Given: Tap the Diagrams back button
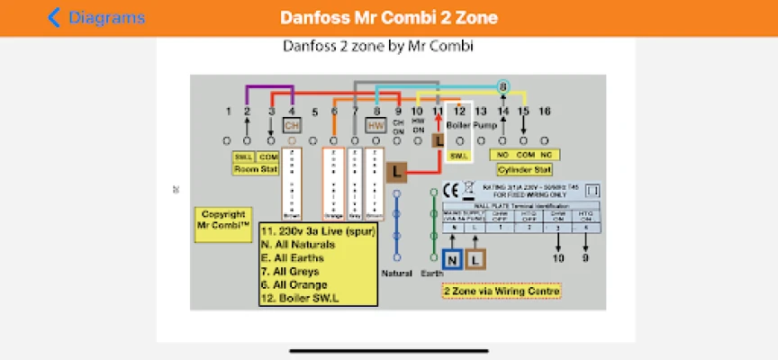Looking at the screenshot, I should pyautogui.click(x=96, y=18).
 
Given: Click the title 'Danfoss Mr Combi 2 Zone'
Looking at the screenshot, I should pyautogui.click(x=388, y=18).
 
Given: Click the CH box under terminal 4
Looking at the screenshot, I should pyautogui.click(x=292, y=125).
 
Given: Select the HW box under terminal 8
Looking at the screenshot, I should pyautogui.click(x=375, y=126).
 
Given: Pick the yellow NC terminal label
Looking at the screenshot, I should pyautogui.click(x=545, y=155).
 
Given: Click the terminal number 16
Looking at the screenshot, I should pyautogui.click(x=544, y=112).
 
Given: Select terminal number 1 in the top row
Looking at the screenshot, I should pyautogui.click(x=229, y=112).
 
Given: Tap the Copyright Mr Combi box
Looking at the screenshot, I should pyautogui.click(x=222, y=221).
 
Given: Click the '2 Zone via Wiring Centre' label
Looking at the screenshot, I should pyautogui.click(x=501, y=291).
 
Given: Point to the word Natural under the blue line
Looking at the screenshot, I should pyautogui.click(x=397, y=273).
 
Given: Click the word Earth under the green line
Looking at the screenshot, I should pyautogui.click(x=431, y=273).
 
